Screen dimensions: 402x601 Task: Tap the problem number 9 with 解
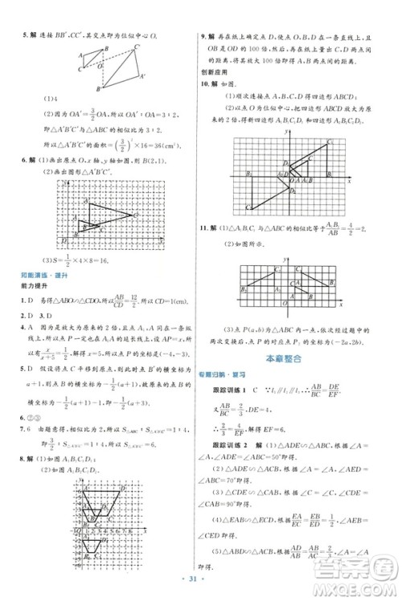click(208, 38)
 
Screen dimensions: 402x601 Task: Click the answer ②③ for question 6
click(34, 416)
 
